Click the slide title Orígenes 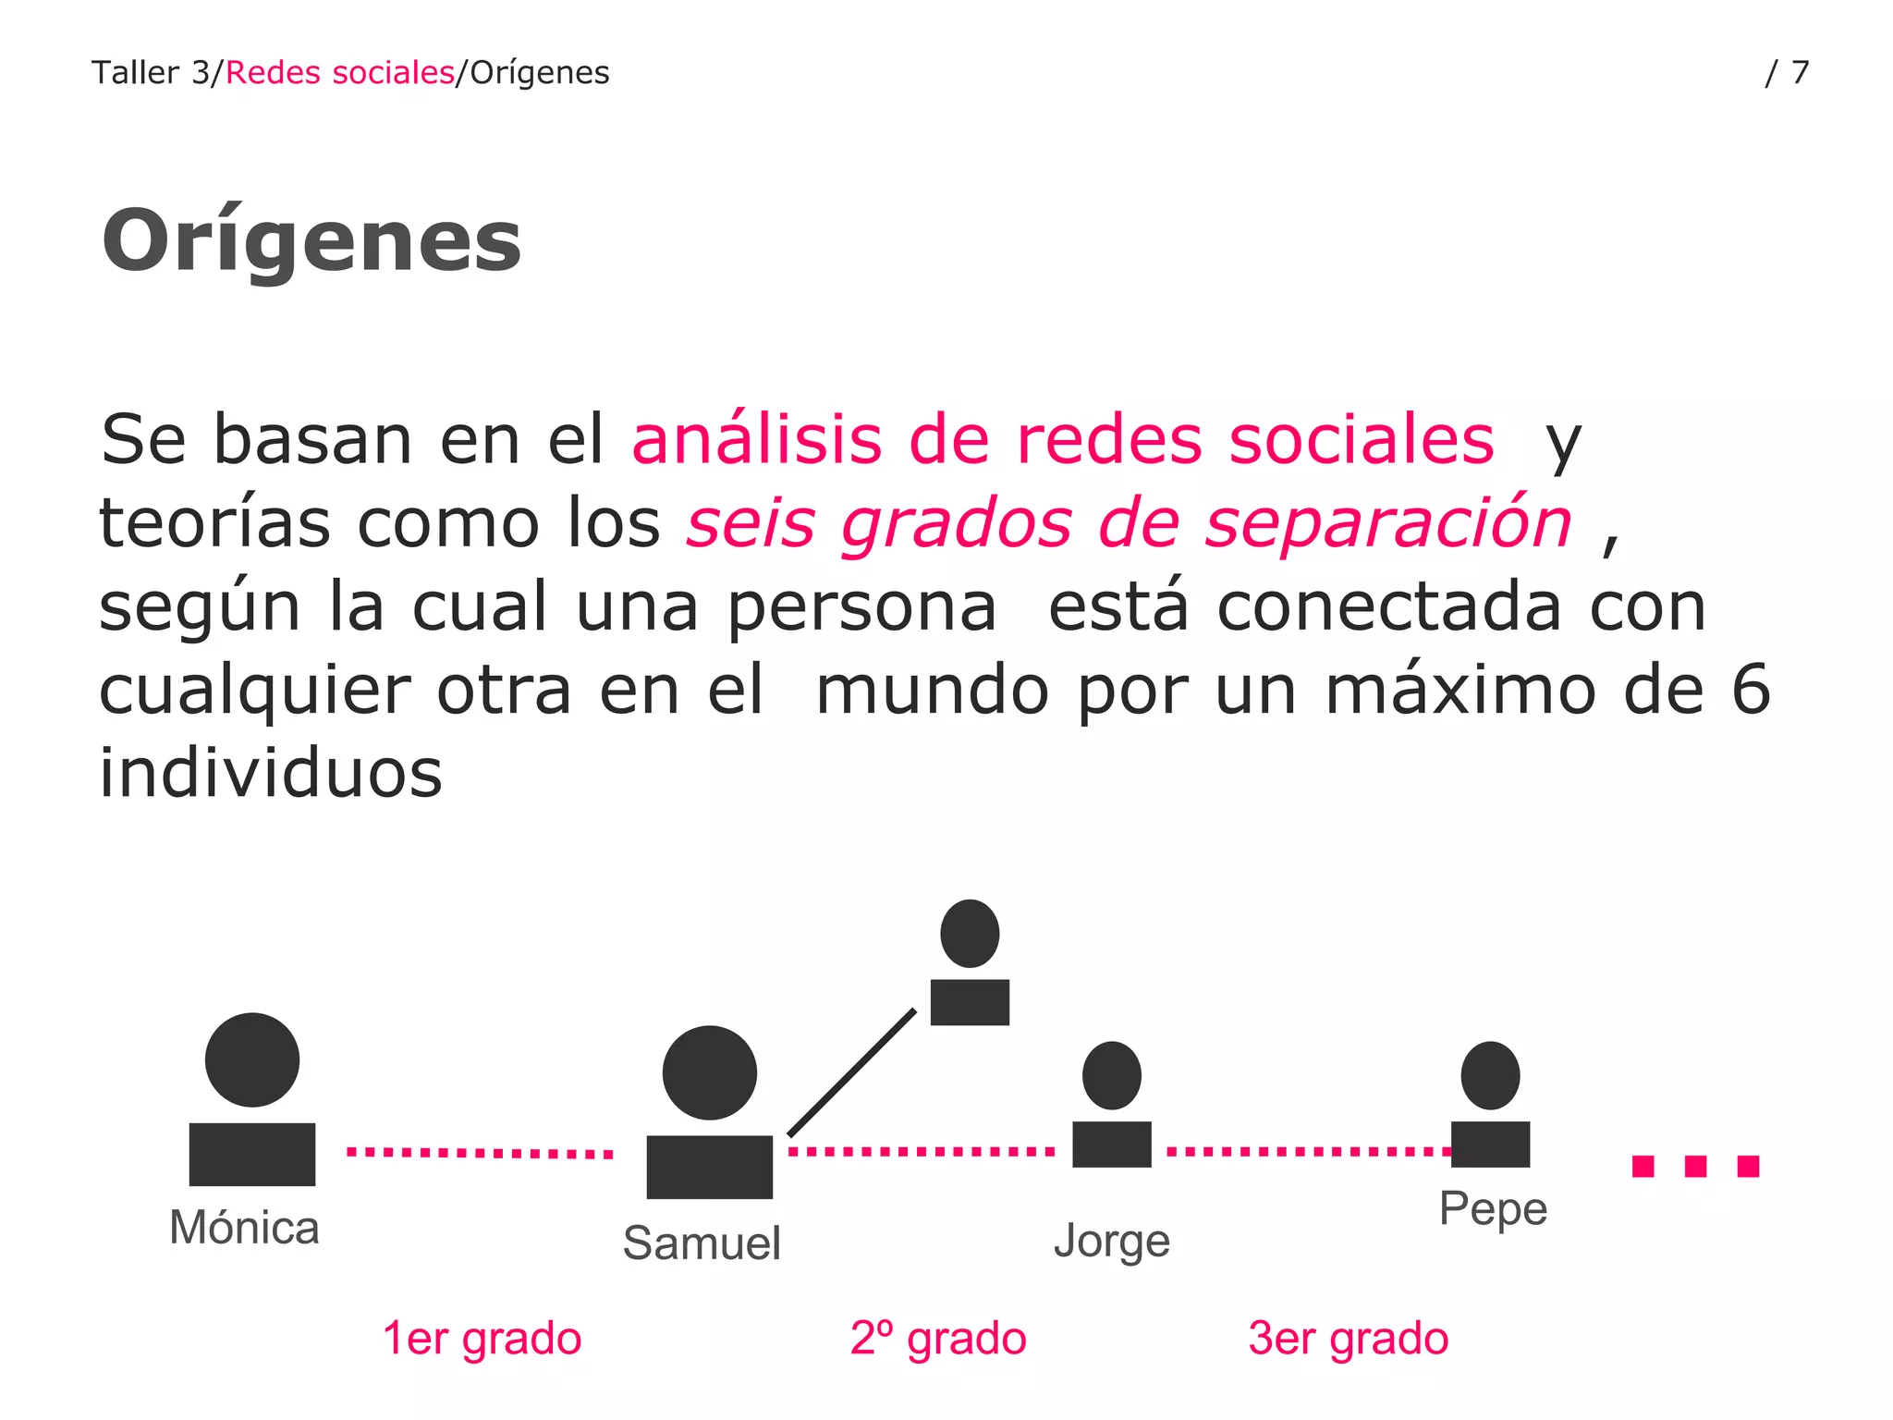pos(311,240)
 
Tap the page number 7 pos(1799,72)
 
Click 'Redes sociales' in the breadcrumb pos(339,72)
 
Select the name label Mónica pos(244,1228)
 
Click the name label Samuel pos(702,1242)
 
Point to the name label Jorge pos(1112,1241)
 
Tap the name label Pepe pos(1493,1208)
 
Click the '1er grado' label pos(482,1338)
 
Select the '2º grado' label pos(938,1338)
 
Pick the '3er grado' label pos(1349,1338)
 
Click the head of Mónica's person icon pos(252,1059)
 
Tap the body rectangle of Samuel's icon pos(709,1167)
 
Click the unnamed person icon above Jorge pos(970,963)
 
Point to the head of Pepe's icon pos(1490,1075)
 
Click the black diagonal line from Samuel pos(851,1072)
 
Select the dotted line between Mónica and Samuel pos(480,1153)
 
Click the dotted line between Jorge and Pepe pos(1308,1151)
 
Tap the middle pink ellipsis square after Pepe pos(1695,1166)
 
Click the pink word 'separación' pos(1388,524)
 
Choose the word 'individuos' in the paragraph pos(271,773)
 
